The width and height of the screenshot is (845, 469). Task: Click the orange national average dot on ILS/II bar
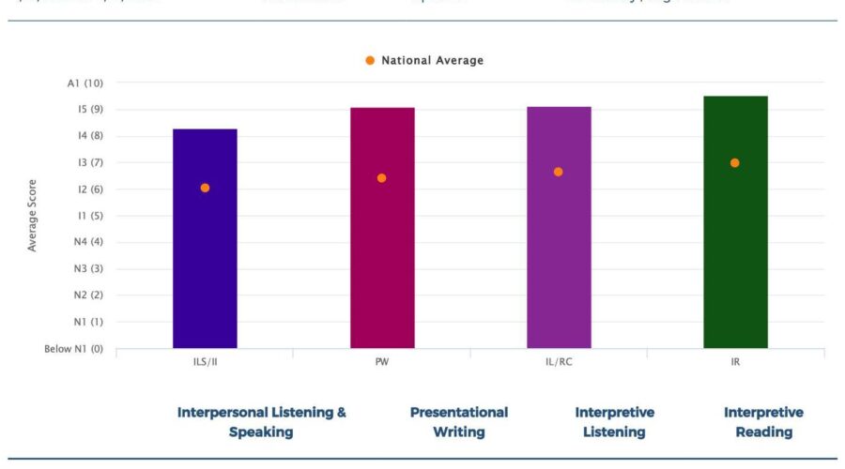[x=205, y=188]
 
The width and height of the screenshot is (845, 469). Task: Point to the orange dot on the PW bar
[x=382, y=178]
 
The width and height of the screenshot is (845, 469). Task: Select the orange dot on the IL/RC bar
[x=559, y=172]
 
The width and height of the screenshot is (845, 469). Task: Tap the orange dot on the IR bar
[x=735, y=163]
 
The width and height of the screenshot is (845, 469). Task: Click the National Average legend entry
[x=424, y=61]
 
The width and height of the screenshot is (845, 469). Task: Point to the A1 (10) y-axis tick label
[x=84, y=83]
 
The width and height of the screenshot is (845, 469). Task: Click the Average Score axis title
[x=33, y=215]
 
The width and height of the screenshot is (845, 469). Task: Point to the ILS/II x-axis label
[x=205, y=362]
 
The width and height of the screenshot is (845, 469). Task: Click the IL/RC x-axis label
[x=559, y=362]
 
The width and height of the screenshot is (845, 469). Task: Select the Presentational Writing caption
[x=459, y=422]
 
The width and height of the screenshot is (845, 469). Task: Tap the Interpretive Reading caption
[x=763, y=422]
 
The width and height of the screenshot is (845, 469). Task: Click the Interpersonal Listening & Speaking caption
[x=261, y=422]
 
